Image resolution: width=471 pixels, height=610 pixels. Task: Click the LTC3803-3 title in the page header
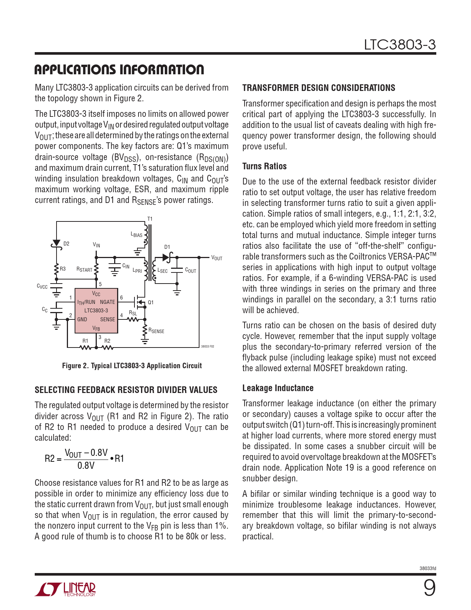[400, 45]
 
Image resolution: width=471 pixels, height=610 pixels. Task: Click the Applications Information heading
[119, 70]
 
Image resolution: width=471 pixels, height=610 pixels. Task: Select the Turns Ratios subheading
[264, 166]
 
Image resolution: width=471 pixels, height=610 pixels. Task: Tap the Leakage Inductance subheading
[278, 388]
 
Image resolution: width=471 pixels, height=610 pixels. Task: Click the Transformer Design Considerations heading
[318, 88]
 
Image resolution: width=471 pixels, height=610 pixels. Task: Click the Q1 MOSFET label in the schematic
[151, 302]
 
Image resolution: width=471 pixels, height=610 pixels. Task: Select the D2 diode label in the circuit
[66, 244]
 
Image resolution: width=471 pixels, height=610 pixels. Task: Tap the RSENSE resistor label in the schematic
[156, 331]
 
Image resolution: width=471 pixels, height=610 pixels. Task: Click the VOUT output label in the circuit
[217, 258]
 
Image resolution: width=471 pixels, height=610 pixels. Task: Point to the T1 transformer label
[150, 219]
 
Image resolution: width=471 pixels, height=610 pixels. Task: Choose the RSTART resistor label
[84, 270]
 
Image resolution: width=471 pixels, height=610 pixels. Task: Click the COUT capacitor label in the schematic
[191, 271]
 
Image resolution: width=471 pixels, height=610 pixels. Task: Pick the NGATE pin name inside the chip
[107, 302]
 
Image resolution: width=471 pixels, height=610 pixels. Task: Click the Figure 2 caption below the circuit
[132, 366]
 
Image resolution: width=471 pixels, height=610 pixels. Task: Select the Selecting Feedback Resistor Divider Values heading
[126, 390]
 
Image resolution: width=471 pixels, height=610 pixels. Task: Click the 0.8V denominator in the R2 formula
[86, 465]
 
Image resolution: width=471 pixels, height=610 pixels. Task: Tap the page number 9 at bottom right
[429, 588]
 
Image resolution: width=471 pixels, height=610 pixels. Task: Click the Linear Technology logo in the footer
[65, 589]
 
